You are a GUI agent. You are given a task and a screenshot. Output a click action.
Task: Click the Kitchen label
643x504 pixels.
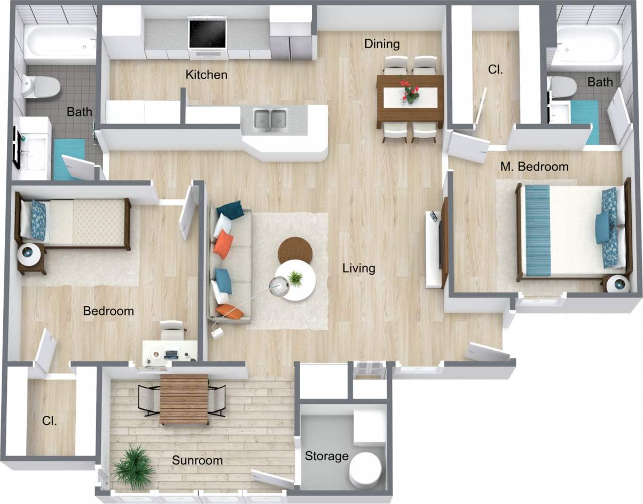(206, 75)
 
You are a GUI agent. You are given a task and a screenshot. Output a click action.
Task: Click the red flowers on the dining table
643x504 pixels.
(410, 91)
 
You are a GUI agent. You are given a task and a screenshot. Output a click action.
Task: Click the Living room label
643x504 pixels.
(358, 268)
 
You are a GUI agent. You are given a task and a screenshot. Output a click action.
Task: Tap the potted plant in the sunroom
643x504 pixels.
(134, 467)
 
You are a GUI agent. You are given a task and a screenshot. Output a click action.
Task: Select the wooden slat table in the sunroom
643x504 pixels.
(184, 399)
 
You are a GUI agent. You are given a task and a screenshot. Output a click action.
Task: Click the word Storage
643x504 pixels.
(326, 456)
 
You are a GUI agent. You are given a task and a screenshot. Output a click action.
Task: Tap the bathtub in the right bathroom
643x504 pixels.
(586, 44)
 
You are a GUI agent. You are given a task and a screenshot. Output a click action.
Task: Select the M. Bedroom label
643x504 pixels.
(534, 167)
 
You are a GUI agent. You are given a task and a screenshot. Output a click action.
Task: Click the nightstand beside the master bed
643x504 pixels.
(618, 283)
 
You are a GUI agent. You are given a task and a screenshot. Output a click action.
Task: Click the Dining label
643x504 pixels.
(382, 44)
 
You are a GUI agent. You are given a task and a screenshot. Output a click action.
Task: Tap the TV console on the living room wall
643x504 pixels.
(436, 249)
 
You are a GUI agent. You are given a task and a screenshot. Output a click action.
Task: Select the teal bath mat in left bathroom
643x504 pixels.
(68, 159)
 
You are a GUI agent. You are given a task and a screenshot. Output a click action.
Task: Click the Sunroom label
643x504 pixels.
(197, 461)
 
